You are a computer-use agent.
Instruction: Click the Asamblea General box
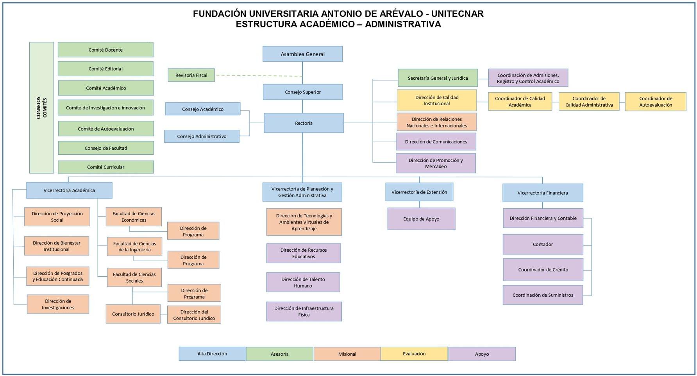click(x=302, y=54)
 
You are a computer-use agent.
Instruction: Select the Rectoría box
click(x=304, y=123)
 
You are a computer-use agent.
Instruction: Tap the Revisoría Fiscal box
click(x=191, y=75)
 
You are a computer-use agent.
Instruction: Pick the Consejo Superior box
click(x=303, y=92)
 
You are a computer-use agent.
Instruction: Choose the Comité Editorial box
click(x=105, y=69)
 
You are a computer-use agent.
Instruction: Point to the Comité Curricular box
click(x=105, y=167)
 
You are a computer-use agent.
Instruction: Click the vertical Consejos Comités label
click(x=41, y=107)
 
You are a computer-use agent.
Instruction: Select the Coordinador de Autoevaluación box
click(x=655, y=102)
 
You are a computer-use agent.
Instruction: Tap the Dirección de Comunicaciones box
click(x=436, y=141)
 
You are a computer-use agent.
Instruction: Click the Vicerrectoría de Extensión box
click(x=419, y=192)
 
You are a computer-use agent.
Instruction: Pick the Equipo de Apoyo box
click(x=421, y=219)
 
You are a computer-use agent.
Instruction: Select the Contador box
click(x=543, y=244)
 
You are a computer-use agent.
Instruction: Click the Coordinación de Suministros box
click(x=543, y=295)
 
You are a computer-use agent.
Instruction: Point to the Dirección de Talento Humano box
click(x=303, y=282)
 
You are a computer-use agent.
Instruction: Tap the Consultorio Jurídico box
click(x=133, y=314)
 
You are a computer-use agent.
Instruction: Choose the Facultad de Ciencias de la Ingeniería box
click(x=134, y=247)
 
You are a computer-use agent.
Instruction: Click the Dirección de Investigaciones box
click(x=58, y=304)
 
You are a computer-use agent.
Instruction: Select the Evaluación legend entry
click(x=414, y=354)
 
